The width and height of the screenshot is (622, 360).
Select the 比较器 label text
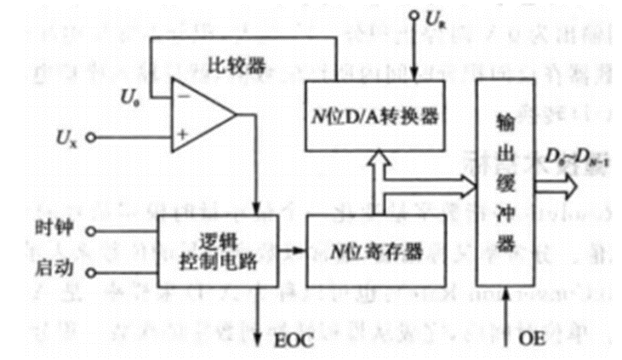click(x=232, y=66)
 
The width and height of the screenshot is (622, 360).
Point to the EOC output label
click(x=293, y=340)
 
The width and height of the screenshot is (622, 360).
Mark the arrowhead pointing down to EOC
click(x=260, y=335)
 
